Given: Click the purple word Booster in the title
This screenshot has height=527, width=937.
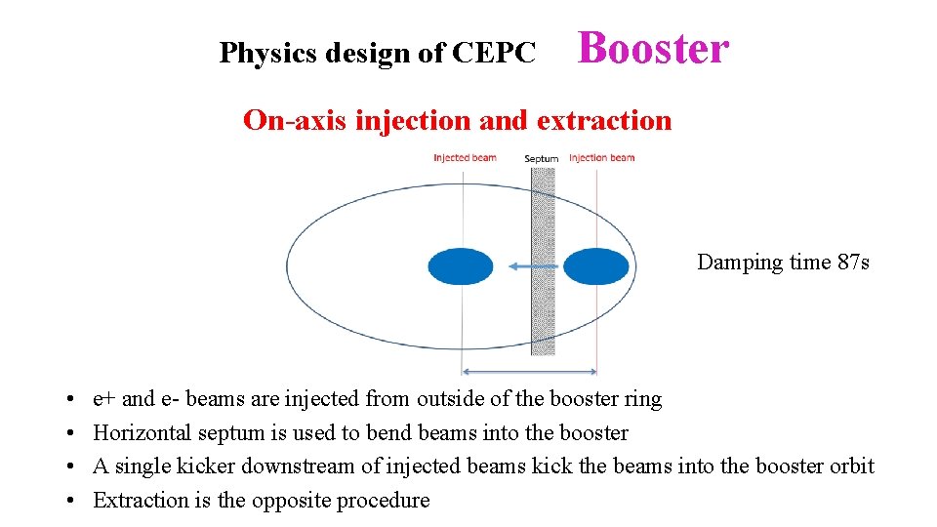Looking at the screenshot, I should (653, 48).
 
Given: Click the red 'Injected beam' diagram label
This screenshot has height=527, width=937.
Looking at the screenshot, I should (465, 158).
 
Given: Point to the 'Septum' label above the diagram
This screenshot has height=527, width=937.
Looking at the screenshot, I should (541, 158).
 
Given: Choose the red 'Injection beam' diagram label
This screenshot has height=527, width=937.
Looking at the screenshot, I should (601, 158).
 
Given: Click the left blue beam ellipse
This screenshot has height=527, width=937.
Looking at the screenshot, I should (462, 266).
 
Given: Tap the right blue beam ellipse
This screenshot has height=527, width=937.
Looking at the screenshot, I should (596, 266).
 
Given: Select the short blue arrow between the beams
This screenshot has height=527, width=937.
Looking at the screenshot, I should (533, 264).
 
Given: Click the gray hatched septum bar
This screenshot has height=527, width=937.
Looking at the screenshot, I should (543, 293).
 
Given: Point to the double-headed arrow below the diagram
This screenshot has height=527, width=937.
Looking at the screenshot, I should (529, 371).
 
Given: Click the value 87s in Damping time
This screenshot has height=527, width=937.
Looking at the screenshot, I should (853, 262).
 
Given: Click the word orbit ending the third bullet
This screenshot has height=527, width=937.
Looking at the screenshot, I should (850, 466).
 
